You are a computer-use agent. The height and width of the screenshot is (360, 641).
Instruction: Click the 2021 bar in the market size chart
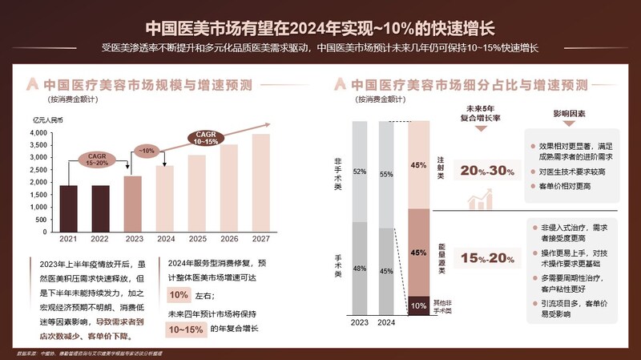tap(69, 208)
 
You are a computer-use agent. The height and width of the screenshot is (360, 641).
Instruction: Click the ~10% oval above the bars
tap(147, 150)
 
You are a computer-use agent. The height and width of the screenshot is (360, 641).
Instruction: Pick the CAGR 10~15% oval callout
tap(206, 137)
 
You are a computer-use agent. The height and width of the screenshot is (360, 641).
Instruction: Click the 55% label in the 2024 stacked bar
tap(386, 173)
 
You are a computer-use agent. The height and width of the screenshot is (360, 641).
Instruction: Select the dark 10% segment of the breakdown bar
tap(418, 305)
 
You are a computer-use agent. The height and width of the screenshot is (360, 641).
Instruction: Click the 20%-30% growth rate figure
tap(484, 171)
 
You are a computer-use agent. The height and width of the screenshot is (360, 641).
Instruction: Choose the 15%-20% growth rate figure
tap(484, 257)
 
